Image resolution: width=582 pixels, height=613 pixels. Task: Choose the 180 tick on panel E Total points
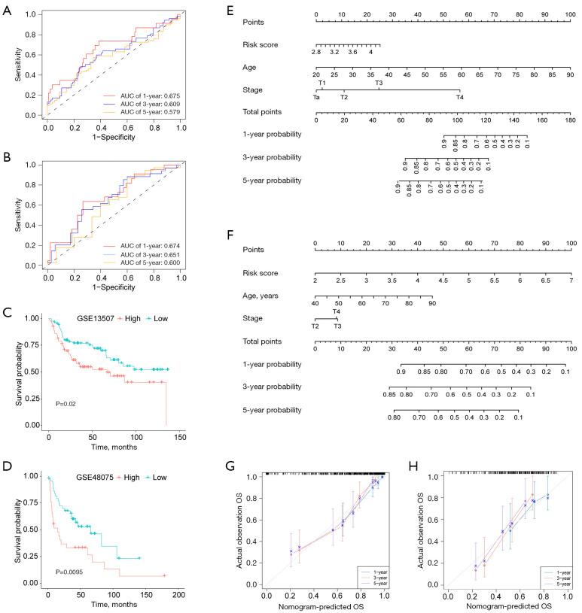pyautogui.click(x=570, y=120)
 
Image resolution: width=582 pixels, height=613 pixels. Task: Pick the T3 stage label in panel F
pyautogui.click(x=338, y=326)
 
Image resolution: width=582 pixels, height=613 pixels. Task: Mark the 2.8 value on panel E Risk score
pyautogui.click(x=317, y=51)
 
